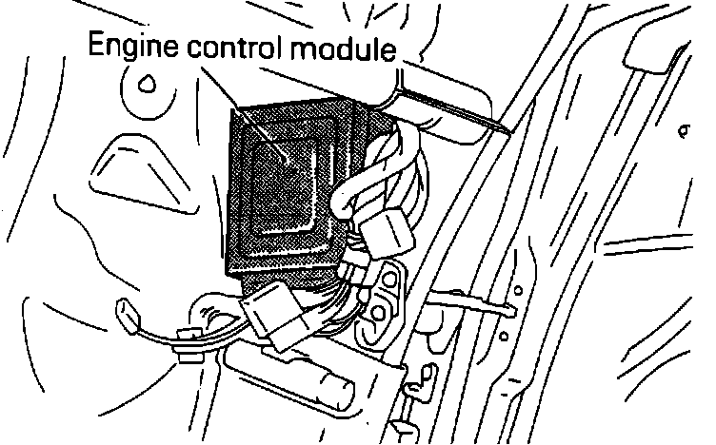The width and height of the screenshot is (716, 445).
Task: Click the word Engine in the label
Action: [x=129, y=47]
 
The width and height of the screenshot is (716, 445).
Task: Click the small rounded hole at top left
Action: [x=146, y=84]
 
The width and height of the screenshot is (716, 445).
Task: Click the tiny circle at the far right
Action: [x=684, y=126]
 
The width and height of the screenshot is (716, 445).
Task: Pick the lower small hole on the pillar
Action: [x=504, y=335]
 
